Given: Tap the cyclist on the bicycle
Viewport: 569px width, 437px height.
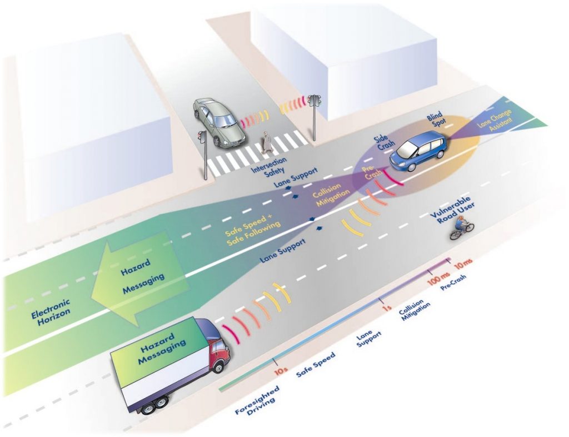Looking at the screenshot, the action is coord(462,227).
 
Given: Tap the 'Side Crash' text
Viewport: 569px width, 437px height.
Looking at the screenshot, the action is coord(384,144).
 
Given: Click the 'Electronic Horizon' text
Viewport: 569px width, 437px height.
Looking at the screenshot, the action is coord(51,309).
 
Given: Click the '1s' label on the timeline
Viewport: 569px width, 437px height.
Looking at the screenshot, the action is coord(386,309).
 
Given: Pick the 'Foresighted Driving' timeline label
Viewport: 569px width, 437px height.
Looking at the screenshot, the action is coord(258,401).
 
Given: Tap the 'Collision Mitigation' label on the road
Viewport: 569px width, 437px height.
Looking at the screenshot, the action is coord(328,194).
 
